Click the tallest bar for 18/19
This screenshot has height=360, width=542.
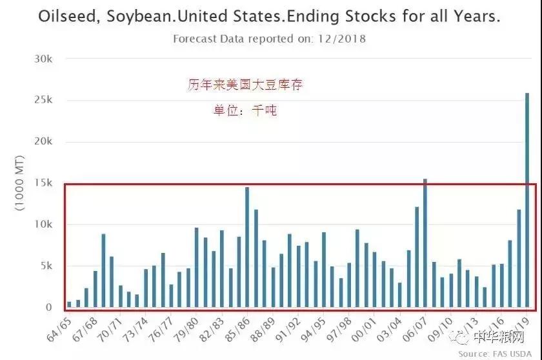pyautogui.click(x=527, y=200)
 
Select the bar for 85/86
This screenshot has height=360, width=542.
pyautogui.click(x=247, y=248)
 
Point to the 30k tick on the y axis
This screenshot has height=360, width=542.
pyautogui.click(x=43, y=59)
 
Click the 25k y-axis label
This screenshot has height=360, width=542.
pyautogui.click(x=43, y=100)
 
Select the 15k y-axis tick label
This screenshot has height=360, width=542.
pyautogui.click(x=43, y=183)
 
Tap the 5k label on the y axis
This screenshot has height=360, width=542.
pyautogui.click(x=46, y=266)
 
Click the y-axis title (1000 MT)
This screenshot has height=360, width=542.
pyautogui.click(x=19, y=183)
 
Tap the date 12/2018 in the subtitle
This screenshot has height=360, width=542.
pyautogui.click(x=342, y=39)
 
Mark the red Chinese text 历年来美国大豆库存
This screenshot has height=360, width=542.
pyautogui.click(x=245, y=85)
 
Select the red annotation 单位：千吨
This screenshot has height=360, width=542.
pyautogui.click(x=245, y=110)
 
